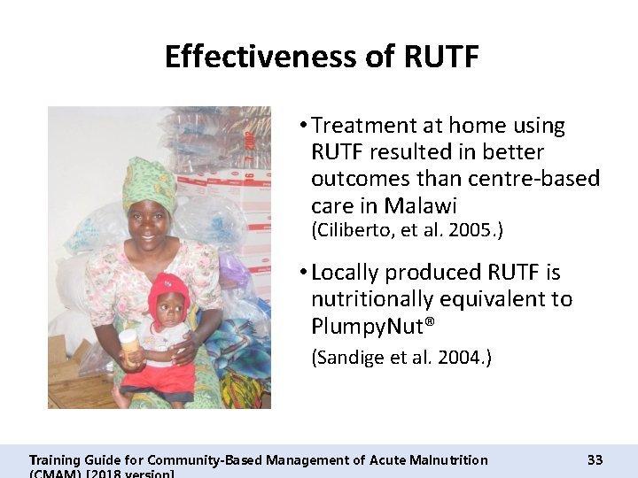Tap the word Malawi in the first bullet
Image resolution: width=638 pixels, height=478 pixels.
(421, 206)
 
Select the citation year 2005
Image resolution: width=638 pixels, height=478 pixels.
(475, 230)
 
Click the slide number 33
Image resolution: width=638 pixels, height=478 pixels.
(595, 459)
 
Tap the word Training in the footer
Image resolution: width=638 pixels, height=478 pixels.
(55, 459)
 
